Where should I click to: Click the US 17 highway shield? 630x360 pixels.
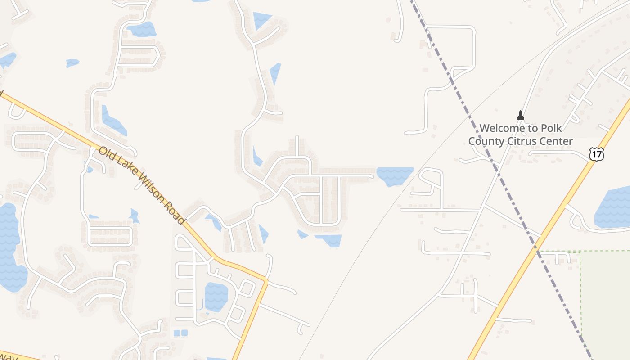point(596,154)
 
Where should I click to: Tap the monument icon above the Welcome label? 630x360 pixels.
point(521,115)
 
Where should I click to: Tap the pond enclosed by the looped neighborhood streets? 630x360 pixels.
point(216,297)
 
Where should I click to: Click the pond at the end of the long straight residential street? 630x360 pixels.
point(394,175)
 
